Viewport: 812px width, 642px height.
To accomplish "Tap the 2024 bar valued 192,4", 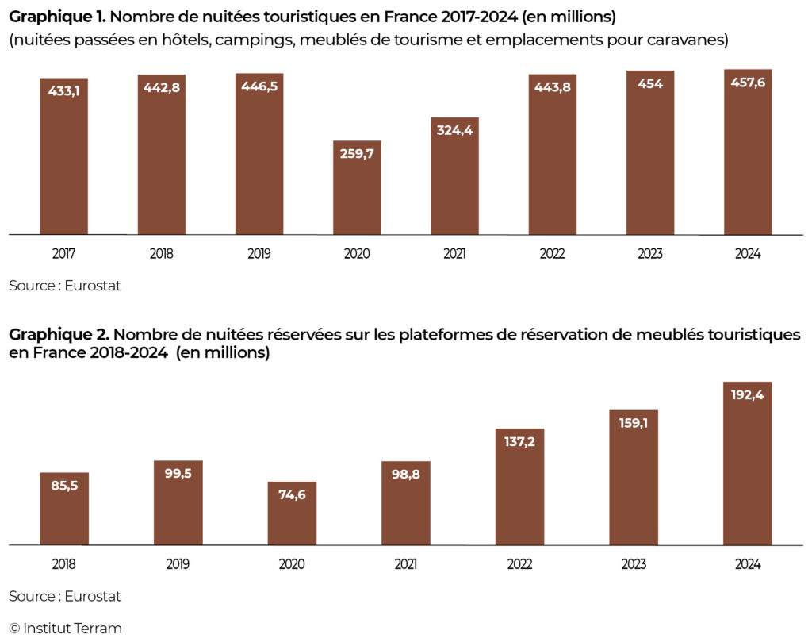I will (x=748, y=464).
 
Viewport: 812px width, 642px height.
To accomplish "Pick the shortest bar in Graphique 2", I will (x=292, y=514).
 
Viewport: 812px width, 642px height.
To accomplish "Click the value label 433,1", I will (x=64, y=90).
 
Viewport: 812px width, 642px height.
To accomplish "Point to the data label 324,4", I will (x=455, y=130).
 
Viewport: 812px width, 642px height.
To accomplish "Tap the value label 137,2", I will (x=520, y=441).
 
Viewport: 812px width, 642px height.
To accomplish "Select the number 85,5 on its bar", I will (x=64, y=485).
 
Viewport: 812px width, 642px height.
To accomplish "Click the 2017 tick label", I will (x=64, y=254).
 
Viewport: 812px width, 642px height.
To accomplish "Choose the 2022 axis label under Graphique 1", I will (x=553, y=254).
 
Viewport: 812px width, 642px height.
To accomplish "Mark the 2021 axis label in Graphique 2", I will (x=406, y=564).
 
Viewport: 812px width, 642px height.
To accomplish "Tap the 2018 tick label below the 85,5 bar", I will (x=64, y=564).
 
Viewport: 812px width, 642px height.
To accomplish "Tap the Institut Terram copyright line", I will (x=66, y=629).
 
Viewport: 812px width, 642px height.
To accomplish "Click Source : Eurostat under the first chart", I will (x=65, y=286).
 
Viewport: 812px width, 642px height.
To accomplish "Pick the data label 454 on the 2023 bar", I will (x=650, y=83).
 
